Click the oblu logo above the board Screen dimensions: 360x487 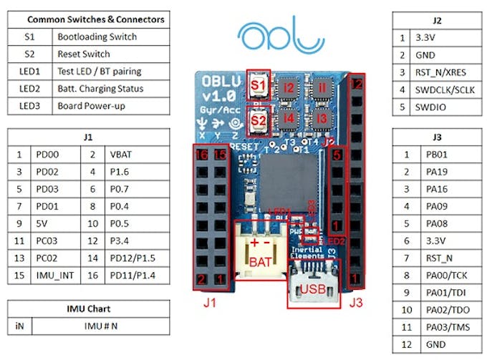(x=275, y=37)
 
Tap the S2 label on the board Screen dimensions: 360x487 (x=259, y=120)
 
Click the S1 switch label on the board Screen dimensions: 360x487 (x=259, y=85)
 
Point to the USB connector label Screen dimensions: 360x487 (x=313, y=290)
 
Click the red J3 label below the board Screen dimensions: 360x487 (x=355, y=302)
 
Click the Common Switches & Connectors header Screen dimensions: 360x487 (x=90, y=19)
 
